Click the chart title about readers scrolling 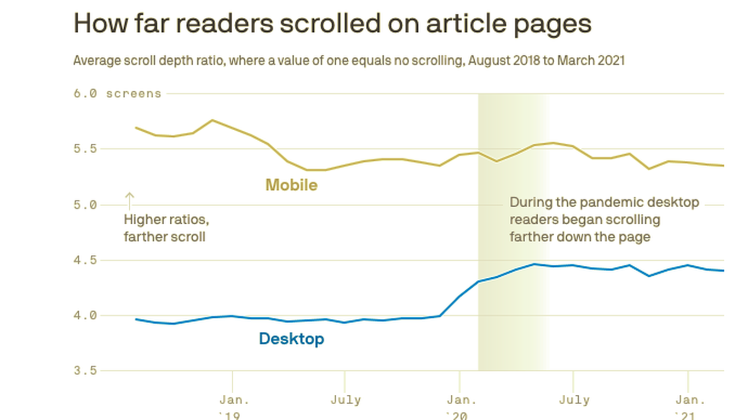[332, 24]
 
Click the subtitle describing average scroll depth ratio [349, 60]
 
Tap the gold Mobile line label [291, 185]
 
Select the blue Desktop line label [291, 339]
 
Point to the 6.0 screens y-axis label [117, 94]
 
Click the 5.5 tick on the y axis [85, 149]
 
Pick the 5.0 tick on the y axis [85, 205]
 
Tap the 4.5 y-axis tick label [85, 260]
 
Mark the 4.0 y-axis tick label [85, 316]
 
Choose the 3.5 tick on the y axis [85, 371]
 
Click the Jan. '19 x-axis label [233, 407]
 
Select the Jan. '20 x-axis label [459, 407]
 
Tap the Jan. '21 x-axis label [687, 407]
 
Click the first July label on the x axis [345, 400]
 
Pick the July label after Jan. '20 [573, 400]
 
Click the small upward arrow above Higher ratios [129, 201]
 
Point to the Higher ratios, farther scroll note [166, 228]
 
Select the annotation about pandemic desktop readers [604, 219]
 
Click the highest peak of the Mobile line [212, 120]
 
